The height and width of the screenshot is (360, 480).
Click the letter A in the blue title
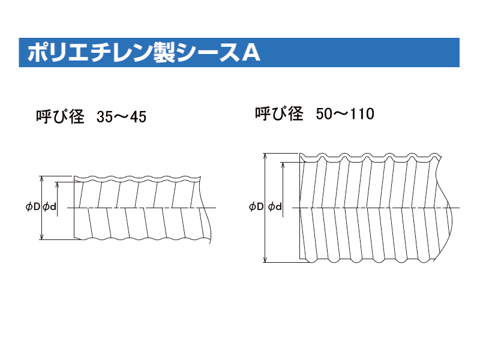(251, 53)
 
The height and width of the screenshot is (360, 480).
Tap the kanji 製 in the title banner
(164, 52)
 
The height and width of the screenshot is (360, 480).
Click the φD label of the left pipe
(33, 207)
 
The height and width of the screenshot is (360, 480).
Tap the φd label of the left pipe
(50, 207)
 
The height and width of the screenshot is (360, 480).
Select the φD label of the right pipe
(256, 207)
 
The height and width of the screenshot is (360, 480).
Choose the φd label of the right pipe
(275, 207)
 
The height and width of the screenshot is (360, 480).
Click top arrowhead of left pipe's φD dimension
(41, 179)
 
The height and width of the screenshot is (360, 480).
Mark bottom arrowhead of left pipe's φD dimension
(41, 236)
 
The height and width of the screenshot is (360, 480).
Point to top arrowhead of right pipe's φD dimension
(265, 156)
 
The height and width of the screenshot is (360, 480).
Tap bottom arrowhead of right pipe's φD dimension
(265, 259)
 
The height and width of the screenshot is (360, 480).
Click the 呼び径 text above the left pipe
(60, 116)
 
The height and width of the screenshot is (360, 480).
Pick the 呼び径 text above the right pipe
(279, 113)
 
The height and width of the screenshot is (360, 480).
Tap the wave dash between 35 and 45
(121, 116)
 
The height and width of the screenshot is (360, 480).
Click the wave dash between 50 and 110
(340, 113)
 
